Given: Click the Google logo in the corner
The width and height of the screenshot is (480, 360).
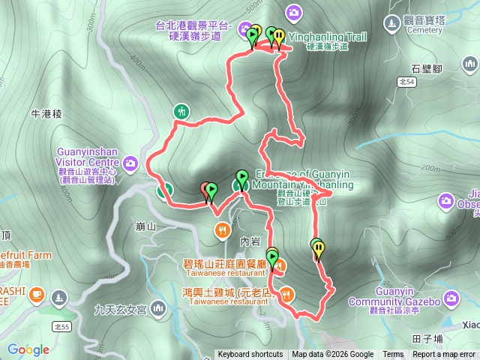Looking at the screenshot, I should tap(28, 349).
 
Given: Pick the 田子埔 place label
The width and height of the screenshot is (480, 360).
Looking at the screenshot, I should tap(427, 338).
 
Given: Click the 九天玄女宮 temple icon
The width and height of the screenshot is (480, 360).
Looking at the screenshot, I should tap(157, 308).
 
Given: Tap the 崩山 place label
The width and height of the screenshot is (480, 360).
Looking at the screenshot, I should tap(146, 226).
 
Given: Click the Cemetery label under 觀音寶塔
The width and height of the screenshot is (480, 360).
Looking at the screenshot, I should tap(424, 31).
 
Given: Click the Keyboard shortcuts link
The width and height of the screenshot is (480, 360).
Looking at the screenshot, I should tap(250, 355).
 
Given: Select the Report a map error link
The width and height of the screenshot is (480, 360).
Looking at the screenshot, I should tap(444, 355).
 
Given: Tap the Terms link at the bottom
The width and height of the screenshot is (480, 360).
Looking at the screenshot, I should tap(393, 355).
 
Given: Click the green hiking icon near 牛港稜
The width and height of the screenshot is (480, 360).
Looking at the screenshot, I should tap(181, 112).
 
